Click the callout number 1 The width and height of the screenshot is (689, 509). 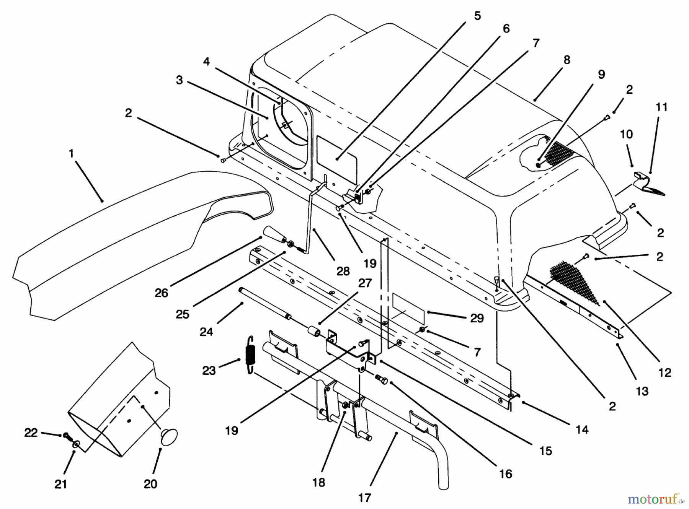pos(71,154)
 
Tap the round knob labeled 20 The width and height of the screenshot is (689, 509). pos(169,436)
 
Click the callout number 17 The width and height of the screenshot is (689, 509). pos(365,498)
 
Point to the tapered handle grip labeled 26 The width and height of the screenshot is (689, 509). pos(272,234)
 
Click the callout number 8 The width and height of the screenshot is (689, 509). pos(567,60)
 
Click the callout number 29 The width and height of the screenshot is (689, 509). pos(477,318)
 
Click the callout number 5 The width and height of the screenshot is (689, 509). pos(477,16)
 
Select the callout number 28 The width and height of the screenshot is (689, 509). pos(343,271)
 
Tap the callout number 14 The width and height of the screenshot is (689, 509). pos(581,429)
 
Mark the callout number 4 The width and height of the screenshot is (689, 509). pos(206,61)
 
